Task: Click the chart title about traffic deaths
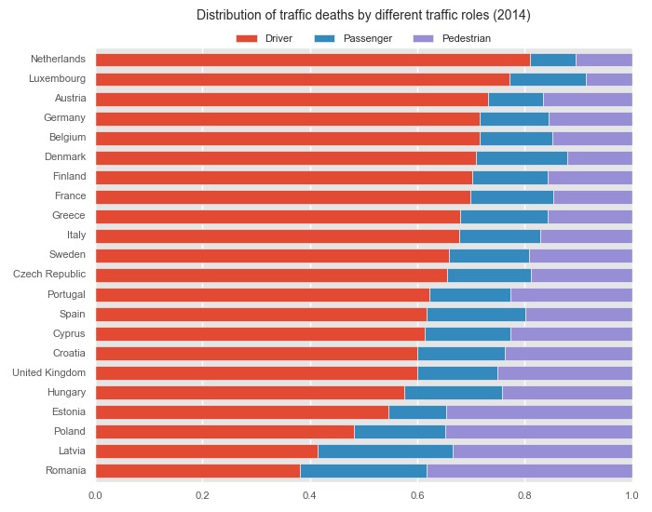(x=363, y=16)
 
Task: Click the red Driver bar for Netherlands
(x=312, y=60)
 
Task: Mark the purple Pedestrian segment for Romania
(x=529, y=470)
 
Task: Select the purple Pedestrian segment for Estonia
(x=539, y=411)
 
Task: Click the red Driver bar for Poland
(x=224, y=431)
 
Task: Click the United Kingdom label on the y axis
(x=48, y=372)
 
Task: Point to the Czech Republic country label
(x=49, y=275)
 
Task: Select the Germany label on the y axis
(x=64, y=118)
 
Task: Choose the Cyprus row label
(x=70, y=333)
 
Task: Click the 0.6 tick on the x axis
(x=417, y=495)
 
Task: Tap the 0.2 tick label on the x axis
(x=202, y=495)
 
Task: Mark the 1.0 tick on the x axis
(x=632, y=495)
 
